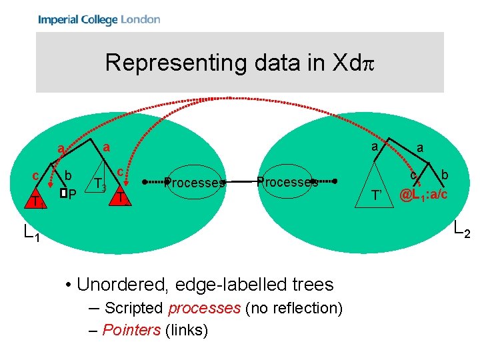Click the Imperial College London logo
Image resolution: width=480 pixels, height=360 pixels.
(99, 19)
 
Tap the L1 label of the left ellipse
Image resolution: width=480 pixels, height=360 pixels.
(29, 234)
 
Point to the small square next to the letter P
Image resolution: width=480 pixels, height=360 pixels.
(63, 193)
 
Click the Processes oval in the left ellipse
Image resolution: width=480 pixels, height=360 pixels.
(195, 182)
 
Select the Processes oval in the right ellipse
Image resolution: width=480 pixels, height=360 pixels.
(287, 181)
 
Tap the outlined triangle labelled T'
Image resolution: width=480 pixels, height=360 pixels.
(377, 194)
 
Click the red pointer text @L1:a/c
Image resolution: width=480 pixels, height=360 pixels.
(423, 195)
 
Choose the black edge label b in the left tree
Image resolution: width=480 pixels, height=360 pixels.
(68, 175)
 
